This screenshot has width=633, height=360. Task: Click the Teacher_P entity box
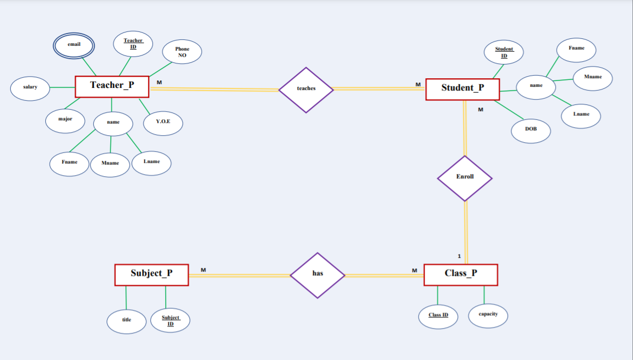tap(112, 86)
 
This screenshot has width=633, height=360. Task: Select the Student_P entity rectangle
tap(462, 89)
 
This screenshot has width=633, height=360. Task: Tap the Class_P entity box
tap(461, 275)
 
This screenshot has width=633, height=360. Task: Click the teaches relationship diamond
tap(306, 89)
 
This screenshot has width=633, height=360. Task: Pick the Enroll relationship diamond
tap(465, 178)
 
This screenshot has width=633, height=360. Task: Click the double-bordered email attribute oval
tap(74, 45)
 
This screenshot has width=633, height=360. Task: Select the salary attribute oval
tap(30, 87)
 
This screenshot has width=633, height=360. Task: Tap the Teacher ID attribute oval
tap(133, 43)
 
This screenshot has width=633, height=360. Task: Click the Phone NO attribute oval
tap(182, 52)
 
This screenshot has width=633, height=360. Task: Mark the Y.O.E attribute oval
tap(163, 122)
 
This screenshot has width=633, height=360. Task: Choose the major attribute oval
tap(65, 120)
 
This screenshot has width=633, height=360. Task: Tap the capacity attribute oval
tap(488, 315)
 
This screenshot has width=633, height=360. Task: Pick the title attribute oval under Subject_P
tap(126, 321)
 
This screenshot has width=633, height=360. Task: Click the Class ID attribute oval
tap(438, 316)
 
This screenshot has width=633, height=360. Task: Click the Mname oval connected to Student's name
tap(593, 78)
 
